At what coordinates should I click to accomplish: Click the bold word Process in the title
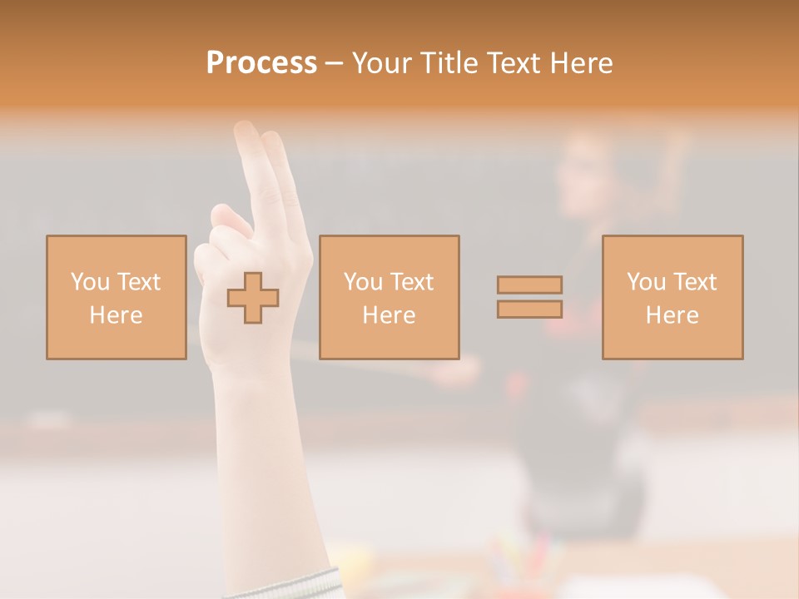point(261,63)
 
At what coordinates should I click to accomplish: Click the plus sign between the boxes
point(253,298)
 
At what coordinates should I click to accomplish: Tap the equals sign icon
point(529,297)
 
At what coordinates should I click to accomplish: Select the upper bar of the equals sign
point(529,285)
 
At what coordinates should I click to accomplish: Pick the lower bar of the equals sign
point(529,309)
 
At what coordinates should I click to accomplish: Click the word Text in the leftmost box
point(139,282)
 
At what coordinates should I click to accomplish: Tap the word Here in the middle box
point(390,315)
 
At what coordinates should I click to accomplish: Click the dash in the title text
point(334,63)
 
